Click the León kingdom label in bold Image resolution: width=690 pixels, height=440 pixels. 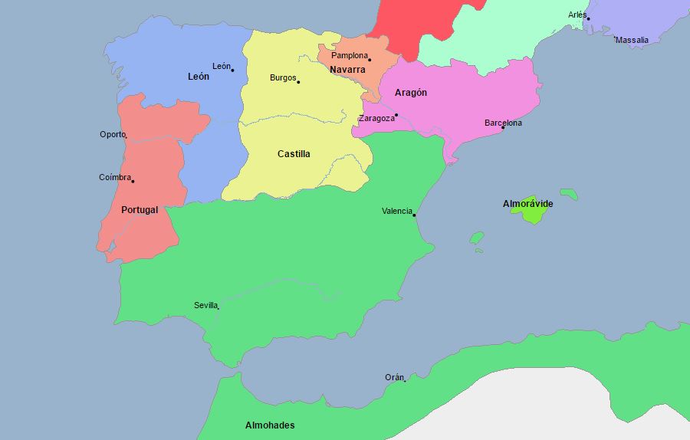click(x=198, y=77)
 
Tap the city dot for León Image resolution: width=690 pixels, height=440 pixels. click(x=232, y=70)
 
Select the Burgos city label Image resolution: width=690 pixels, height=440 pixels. click(x=282, y=78)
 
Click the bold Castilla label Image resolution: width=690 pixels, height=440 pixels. click(x=294, y=154)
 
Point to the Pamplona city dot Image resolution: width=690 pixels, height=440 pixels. click(x=369, y=60)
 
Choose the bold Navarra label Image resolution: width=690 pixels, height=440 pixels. click(x=347, y=70)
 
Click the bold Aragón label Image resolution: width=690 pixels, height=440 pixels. click(x=411, y=93)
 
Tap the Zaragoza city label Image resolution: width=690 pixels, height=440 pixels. click(x=376, y=119)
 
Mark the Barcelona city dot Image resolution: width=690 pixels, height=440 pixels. click(x=503, y=127)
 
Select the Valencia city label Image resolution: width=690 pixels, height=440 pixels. click(x=396, y=212)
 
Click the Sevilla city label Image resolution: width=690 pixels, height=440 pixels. click(x=205, y=305)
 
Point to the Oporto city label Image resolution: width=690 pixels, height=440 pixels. click(x=112, y=135)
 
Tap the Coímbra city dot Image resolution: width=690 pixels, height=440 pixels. click(x=133, y=181)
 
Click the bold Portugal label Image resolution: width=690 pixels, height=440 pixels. click(x=140, y=210)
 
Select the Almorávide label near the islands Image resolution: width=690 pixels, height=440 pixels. click(x=527, y=204)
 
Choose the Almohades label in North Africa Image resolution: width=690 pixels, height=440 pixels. click(x=269, y=425)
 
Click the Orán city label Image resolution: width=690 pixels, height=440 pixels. click(x=393, y=378)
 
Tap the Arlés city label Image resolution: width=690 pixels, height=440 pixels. click(x=577, y=15)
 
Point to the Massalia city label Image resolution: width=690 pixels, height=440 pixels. click(x=632, y=40)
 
